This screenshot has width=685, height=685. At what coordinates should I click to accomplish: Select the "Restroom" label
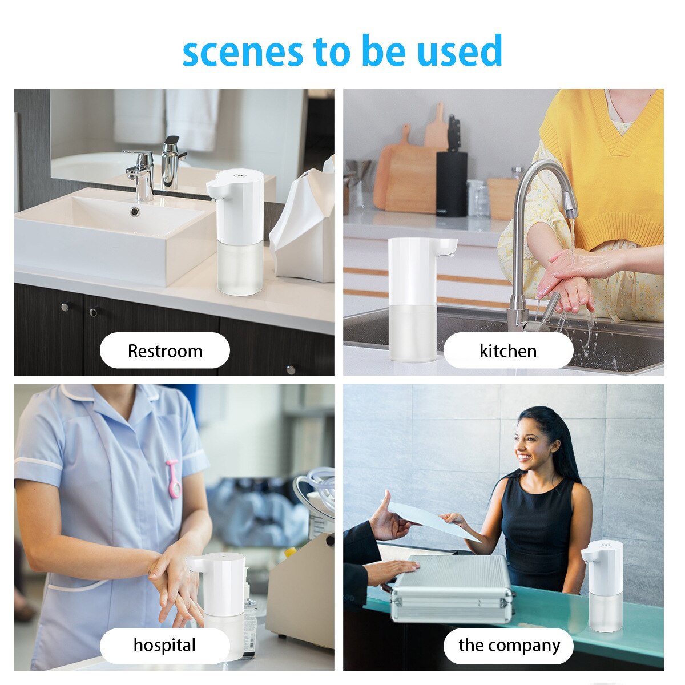(x=165, y=350)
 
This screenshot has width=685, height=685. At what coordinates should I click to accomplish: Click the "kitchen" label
(x=508, y=350)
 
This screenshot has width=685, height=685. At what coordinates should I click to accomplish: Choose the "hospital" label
(x=164, y=645)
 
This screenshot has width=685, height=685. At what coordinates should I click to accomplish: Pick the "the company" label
(x=509, y=645)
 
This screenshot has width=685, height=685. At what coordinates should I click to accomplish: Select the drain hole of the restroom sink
(x=135, y=212)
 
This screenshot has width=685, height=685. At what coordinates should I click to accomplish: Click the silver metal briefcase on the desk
(x=451, y=588)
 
